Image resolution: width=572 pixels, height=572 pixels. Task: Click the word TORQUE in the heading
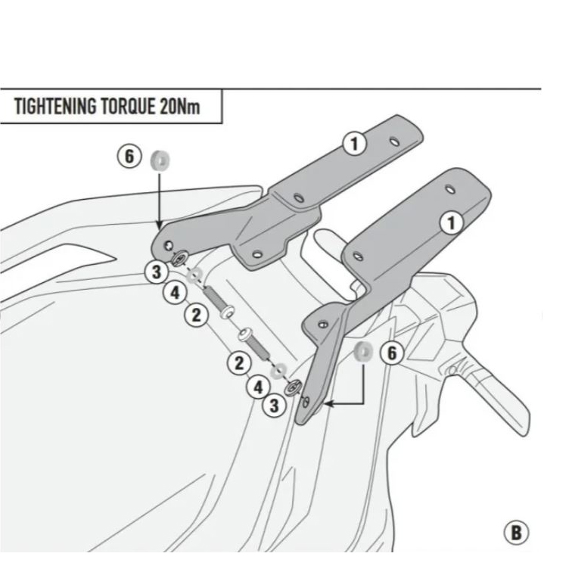(x=126, y=106)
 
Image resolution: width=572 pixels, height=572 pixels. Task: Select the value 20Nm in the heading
(x=179, y=106)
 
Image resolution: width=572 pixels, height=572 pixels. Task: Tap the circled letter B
(x=517, y=532)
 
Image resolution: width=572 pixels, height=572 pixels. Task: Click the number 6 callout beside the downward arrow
(x=129, y=157)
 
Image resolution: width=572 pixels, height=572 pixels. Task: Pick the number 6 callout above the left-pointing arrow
(x=391, y=353)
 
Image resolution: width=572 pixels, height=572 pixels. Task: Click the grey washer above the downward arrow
(x=160, y=160)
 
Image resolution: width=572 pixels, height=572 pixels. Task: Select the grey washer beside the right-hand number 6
(x=362, y=350)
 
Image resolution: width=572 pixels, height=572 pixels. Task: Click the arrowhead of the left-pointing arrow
(x=327, y=406)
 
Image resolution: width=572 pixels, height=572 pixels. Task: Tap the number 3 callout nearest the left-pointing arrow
(x=274, y=406)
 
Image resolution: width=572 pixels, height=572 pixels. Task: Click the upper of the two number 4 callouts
(x=175, y=293)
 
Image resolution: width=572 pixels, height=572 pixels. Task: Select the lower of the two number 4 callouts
(x=258, y=387)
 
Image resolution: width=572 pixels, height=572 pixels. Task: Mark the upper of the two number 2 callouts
(x=197, y=315)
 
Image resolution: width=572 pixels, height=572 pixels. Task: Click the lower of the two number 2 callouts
(x=239, y=363)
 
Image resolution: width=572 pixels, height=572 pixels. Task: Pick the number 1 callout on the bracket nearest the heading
(x=353, y=142)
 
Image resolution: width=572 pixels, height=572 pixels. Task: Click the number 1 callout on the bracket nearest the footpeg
(x=452, y=222)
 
